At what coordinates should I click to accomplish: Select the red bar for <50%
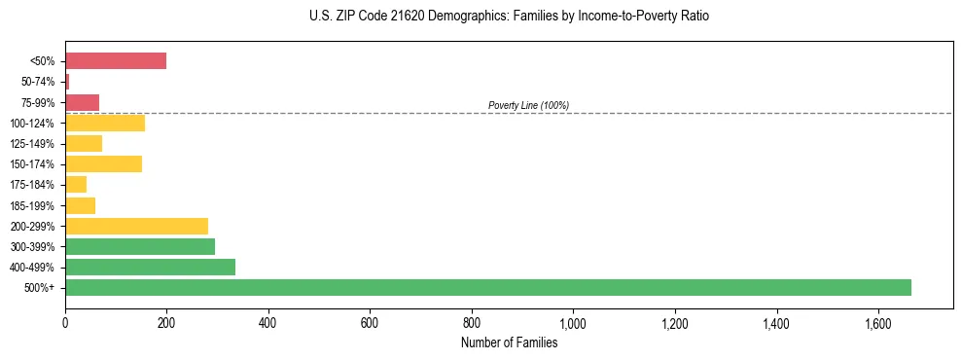116,61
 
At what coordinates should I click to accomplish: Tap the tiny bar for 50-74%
67,82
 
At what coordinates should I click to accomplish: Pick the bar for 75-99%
83,102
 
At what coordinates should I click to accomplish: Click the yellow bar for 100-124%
105,123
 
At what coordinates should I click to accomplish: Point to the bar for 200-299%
137,226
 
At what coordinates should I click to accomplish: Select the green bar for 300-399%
140,246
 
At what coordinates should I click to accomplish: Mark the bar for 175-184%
76,185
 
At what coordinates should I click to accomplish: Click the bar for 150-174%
104,164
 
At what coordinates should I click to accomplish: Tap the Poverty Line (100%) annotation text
528,105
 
